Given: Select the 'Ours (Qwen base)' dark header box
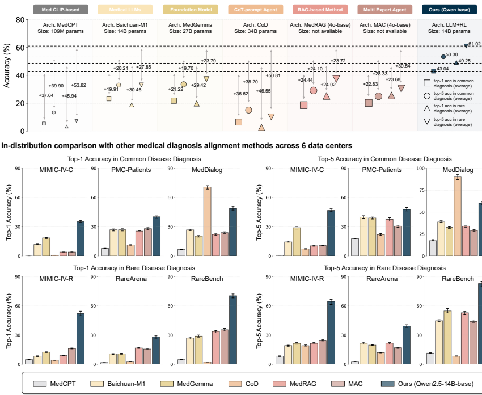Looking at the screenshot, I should click(449, 9).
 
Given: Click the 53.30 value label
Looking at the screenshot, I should click(452, 55).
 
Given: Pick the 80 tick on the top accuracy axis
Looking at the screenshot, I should click(20, 20).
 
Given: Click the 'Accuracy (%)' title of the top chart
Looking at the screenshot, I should click(7, 74).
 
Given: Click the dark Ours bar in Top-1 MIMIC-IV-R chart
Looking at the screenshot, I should click(81, 338).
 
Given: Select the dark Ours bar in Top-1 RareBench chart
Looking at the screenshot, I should click(233, 330).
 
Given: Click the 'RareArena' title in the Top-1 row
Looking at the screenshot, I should click(125, 279).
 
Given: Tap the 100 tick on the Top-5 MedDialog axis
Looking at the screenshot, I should click(420, 168).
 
